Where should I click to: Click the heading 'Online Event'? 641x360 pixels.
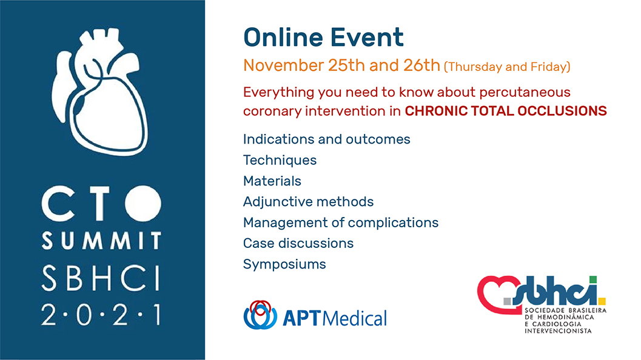323,37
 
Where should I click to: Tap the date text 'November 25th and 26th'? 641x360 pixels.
341,65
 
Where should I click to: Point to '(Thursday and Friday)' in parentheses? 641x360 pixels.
507,67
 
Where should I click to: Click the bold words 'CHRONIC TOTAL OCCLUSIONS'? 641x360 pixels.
506,111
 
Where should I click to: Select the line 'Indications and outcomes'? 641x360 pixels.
327,139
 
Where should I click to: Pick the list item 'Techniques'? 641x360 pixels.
280,160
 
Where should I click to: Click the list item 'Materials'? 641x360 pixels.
272,181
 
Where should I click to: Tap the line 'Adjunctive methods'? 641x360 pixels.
308,202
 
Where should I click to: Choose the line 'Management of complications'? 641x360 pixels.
341,222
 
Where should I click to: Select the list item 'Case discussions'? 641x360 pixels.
298,243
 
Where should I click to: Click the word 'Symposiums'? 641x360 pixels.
284,264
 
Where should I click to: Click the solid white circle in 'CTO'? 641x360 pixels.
143,204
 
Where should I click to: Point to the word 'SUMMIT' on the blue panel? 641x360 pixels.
101,240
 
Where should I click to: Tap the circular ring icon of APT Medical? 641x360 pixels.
260,315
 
